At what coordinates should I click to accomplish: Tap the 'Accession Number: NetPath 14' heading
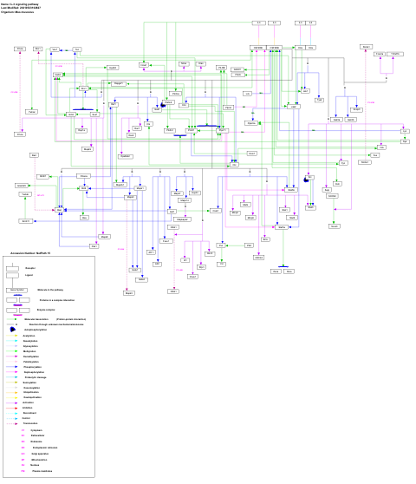31,254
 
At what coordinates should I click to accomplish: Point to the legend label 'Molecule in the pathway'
52,290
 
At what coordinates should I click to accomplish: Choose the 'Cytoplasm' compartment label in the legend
36,430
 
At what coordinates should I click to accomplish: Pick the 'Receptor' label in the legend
29,268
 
